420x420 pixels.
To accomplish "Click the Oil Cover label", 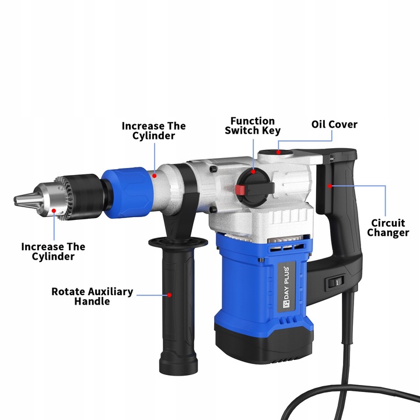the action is coord(334,125).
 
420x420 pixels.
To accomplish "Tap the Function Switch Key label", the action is coord(253,125).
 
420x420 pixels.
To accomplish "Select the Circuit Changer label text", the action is coord(388,228).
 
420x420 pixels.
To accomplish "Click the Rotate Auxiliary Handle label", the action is coord(92,296).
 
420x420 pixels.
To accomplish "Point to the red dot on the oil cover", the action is coord(279,152).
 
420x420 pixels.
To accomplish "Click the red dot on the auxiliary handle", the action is coord(169,295).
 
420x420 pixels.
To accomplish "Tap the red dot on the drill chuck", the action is coord(54,211).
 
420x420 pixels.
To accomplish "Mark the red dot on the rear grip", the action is coord(330,186).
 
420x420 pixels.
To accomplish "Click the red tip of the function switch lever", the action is coord(240,190).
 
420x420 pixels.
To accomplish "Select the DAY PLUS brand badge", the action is coord(286,287).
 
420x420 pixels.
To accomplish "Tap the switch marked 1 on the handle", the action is coord(335,282).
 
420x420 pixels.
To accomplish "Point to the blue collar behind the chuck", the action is coord(127,192).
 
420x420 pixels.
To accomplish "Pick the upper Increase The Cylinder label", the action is coord(154,131).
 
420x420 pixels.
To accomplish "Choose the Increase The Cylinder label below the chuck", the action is coord(53,251).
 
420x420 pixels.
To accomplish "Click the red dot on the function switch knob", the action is coord(253,171).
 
